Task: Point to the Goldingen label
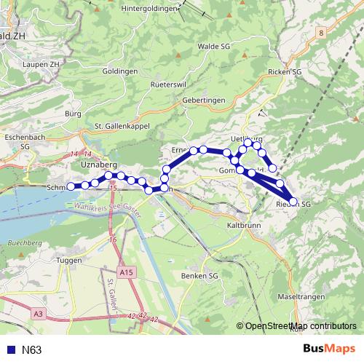pyautogui.click(x=120, y=71)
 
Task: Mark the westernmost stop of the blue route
pyautogui.click(x=71, y=186)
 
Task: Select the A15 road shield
pyautogui.click(x=128, y=272)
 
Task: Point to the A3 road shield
pyautogui.click(x=39, y=313)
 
